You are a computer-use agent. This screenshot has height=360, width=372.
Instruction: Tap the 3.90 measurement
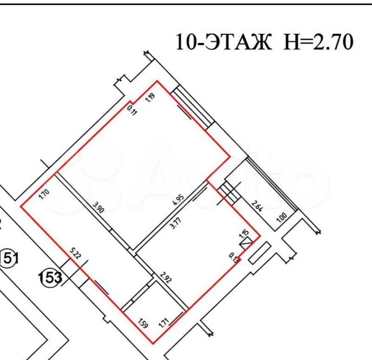[98, 208]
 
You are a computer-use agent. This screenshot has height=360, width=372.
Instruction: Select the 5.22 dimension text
[75, 254]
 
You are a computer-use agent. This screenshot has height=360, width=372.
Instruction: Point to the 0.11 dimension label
[132, 111]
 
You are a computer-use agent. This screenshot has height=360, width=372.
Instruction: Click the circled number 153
[52, 279]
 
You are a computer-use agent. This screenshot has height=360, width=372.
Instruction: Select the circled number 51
[9, 257]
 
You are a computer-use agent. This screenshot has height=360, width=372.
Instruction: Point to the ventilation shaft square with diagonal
[246, 243]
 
